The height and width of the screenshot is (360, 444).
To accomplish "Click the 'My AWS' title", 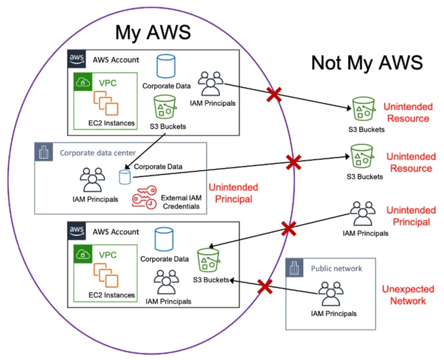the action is click(153, 33).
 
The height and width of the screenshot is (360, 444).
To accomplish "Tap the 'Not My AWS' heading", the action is click(367, 63).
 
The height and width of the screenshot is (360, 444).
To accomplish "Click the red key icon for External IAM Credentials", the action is click(144, 197).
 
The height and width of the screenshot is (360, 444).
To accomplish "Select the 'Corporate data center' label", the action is click(98, 153).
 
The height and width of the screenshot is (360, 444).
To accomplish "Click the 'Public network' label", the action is click(336, 269).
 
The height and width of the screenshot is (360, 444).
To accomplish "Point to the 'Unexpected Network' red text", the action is click(408, 295).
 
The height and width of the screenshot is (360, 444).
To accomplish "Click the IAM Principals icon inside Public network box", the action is click(331, 294).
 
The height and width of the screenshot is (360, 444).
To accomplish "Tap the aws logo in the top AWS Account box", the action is click(77, 59).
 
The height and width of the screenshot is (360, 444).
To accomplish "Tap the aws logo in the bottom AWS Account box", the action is click(77, 231).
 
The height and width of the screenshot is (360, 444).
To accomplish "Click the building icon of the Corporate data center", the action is click(44, 152).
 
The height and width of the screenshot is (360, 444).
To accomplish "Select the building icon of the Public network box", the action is click(294, 267).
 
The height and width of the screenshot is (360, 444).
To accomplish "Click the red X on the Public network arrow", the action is click(265, 286).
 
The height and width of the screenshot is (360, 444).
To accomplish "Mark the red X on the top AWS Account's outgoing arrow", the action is click(274, 94).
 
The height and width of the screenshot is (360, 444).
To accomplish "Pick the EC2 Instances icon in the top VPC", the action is click(106, 103).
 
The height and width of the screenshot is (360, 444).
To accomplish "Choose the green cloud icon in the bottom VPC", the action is click(83, 254).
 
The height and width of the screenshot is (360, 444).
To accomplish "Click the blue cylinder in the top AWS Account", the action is click(166, 66).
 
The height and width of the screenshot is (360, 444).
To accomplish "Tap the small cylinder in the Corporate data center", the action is click(125, 177).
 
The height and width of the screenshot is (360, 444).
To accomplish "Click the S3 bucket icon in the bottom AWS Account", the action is click(208, 260).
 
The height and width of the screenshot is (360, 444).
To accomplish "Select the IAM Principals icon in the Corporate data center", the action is click(92, 180).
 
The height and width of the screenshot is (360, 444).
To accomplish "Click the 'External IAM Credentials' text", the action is click(182, 202).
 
